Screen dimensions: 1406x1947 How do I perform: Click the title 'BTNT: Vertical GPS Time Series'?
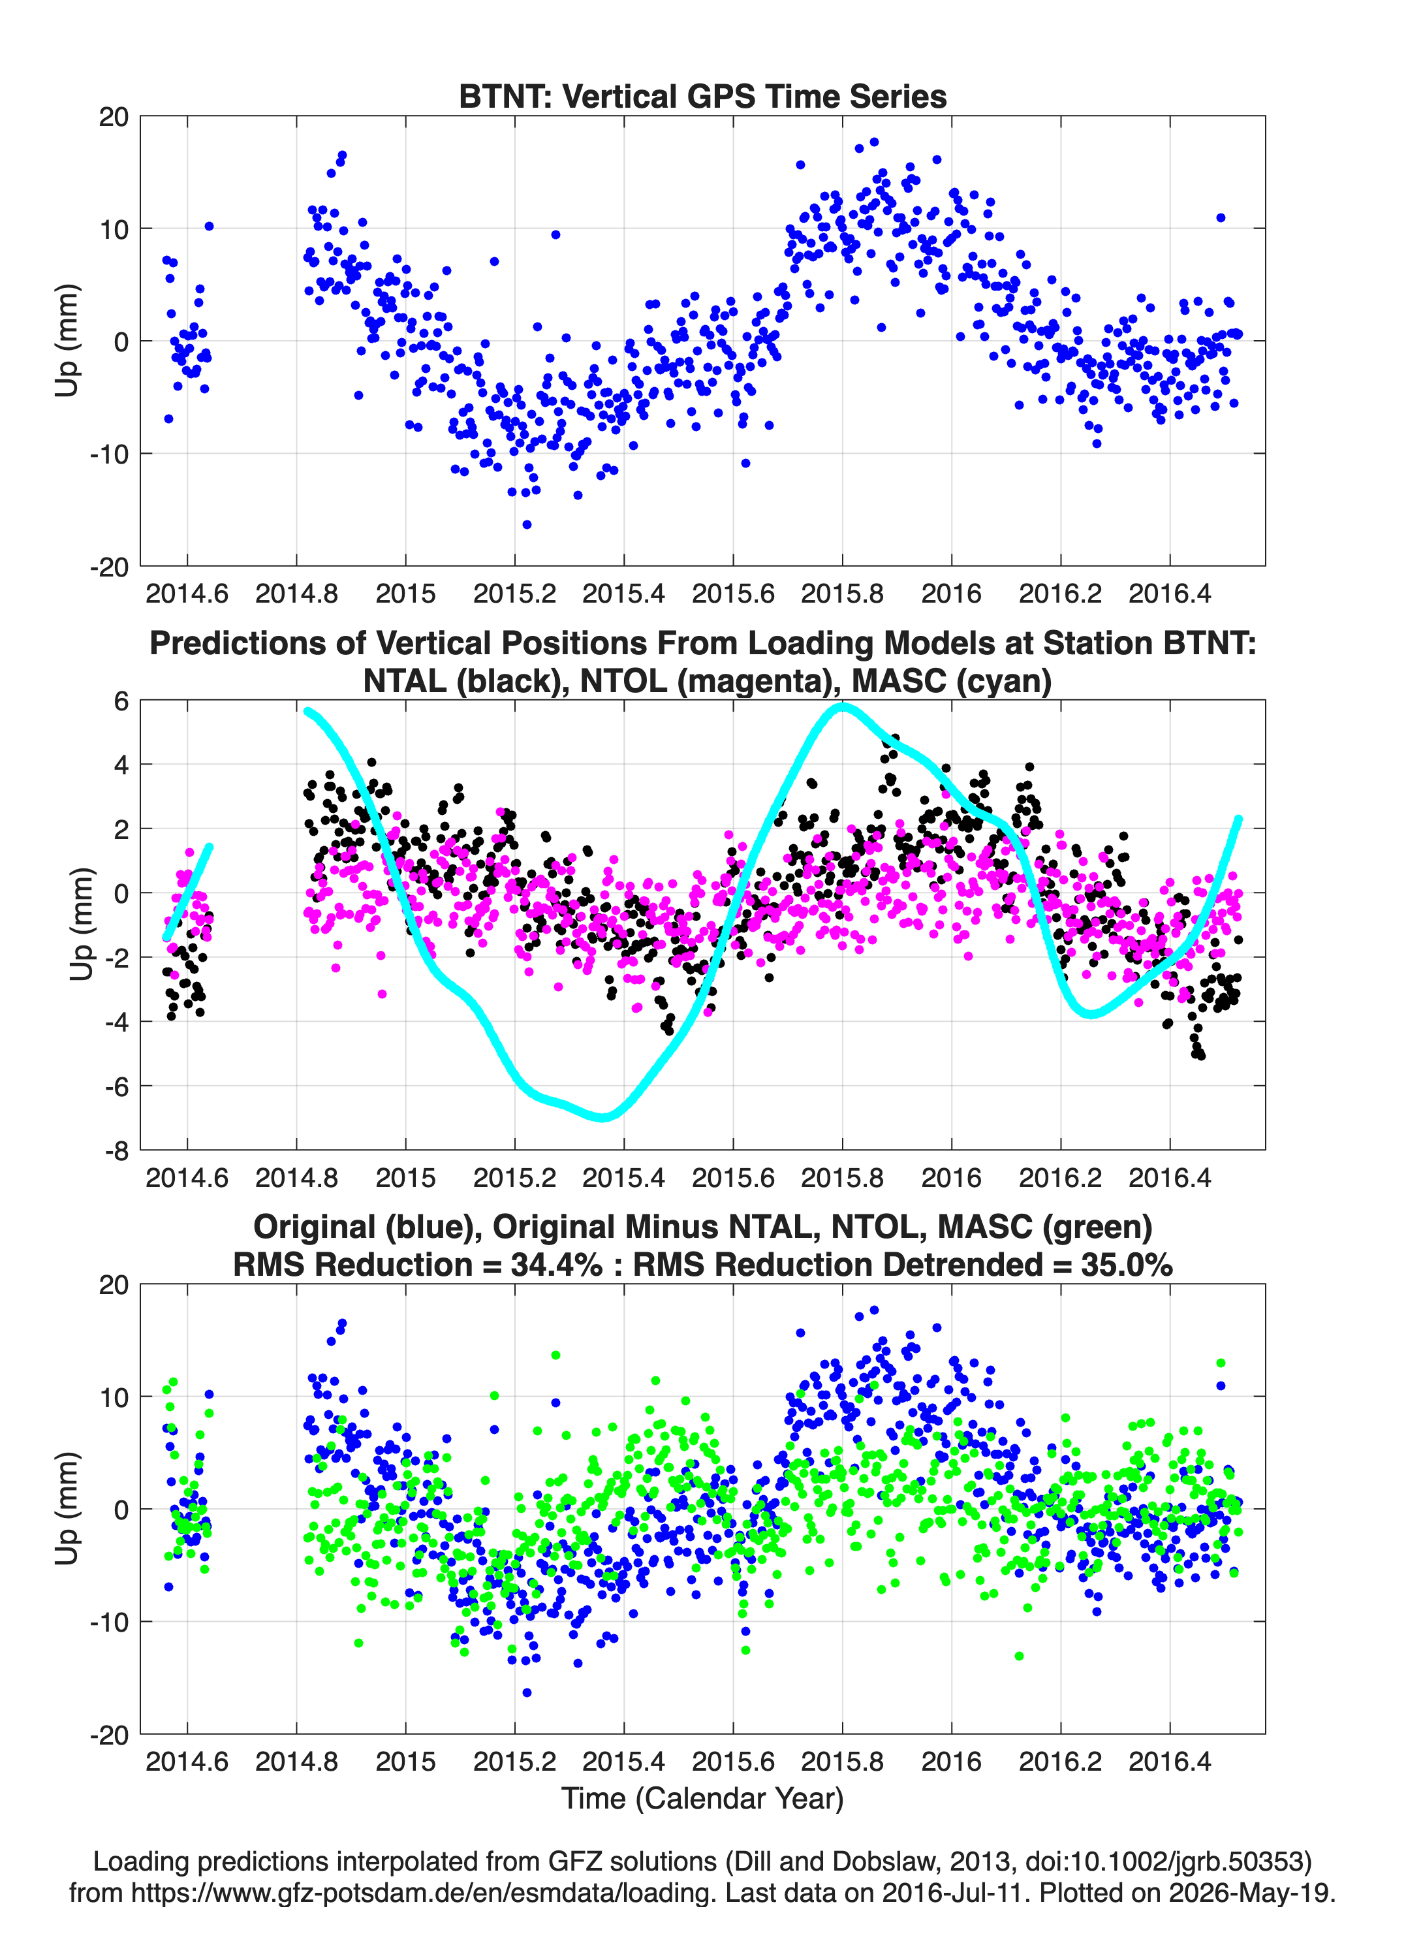[702, 96]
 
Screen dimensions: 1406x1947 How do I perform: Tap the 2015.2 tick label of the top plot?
[514, 594]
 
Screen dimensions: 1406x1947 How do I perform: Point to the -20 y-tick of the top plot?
[109, 567]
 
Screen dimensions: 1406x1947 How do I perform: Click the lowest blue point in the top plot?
[526, 524]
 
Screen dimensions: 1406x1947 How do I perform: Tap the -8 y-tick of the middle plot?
[117, 1151]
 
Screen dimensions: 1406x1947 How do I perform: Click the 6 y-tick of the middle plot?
[121, 701]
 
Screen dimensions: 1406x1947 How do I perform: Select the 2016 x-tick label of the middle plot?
[951, 1178]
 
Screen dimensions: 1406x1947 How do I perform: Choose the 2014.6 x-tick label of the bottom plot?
[187, 1762]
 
